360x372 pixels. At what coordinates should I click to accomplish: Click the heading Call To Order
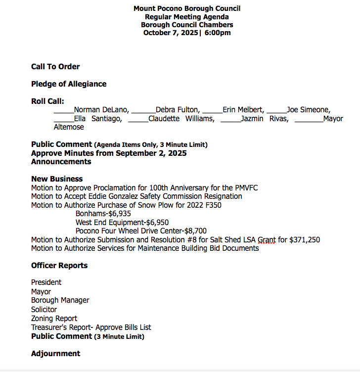pyautogui.click(x=55, y=67)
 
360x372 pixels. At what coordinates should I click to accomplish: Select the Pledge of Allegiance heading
pyautogui.click(x=69, y=84)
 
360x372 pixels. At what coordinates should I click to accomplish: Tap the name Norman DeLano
pyautogui.click(x=101, y=110)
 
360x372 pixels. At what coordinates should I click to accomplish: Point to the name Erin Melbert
pyautogui.click(x=243, y=110)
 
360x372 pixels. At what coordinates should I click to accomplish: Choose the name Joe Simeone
pyautogui.click(x=309, y=110)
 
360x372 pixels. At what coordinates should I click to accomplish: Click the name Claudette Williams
pyautogui.click(x=181, y=119)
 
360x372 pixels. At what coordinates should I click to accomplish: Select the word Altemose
pyautogui.click(x=69, y=127)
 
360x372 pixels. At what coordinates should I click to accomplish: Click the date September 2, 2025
pyautogui.click(x=151, y=153)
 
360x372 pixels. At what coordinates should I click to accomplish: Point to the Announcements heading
pyautogui.click(x=61, y=162)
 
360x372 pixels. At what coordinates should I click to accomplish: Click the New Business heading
pyautogui.click(x=57, y=179)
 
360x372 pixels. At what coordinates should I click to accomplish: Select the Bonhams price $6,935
pyautogui.click(x=122, y=214)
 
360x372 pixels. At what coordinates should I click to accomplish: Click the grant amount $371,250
pyautogui.click(x=304, y=240)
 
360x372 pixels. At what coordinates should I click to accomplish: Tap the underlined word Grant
pyautogui.click(x=267, y=240)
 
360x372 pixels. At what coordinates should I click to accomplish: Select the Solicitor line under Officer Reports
pyautogui.click(x=44, y=310)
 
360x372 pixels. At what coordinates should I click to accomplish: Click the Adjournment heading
pyautogui.click(x=55, y=354)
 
